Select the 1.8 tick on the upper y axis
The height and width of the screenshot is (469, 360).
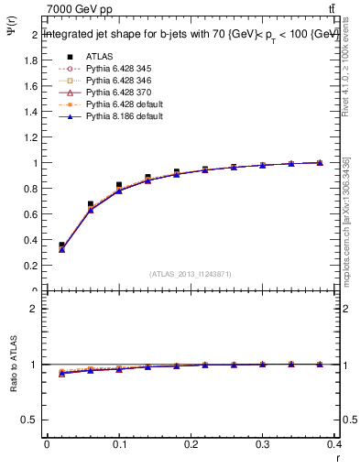tap(31, 60)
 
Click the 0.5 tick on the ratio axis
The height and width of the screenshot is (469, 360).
tap(31, 420)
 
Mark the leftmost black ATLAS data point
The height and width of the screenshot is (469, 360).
tap(61, 245)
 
